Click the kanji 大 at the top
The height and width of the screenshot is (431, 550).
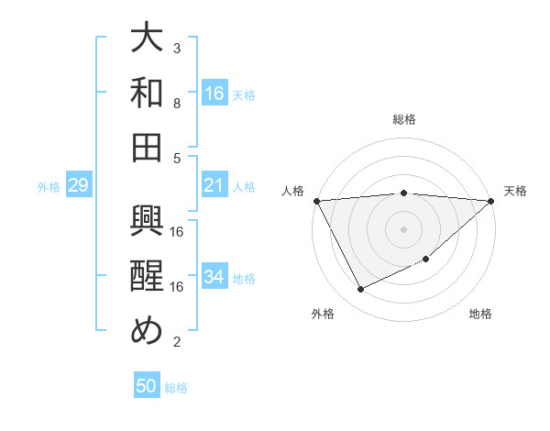point(147,39)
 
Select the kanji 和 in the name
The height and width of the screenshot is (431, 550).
point(147,92)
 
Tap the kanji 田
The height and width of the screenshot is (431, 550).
point(147,146)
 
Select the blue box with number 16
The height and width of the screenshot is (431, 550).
point(214,93)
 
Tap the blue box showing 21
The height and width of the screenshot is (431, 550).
point(214,185)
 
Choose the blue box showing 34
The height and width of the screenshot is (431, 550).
point(214,277)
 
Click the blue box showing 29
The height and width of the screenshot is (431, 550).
point(78,185)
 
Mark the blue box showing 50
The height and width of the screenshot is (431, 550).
point(147,386)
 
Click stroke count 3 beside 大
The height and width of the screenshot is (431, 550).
point(177,48)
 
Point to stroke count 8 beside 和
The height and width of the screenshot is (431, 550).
point(177,103)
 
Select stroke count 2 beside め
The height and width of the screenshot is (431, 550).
point(177,342)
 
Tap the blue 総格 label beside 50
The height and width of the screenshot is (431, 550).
point(176,388)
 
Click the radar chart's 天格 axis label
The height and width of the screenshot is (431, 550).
point(515,191)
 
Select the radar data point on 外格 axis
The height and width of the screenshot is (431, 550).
point(360,290)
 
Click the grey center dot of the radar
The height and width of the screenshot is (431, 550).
point(403,228)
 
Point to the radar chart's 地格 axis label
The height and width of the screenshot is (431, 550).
point(480,315)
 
